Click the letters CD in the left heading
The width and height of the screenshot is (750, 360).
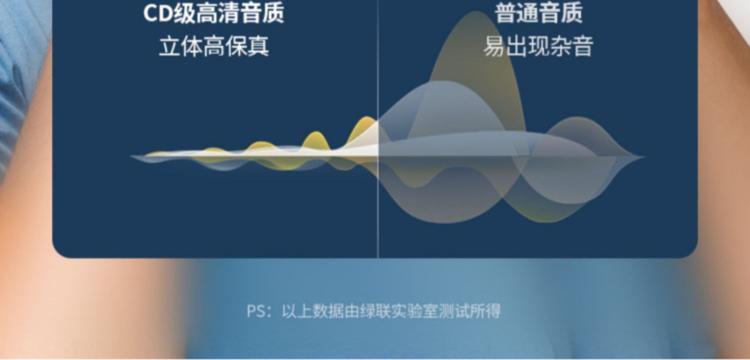tap(158, 13)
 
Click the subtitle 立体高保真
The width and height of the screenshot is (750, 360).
tap(214, 47)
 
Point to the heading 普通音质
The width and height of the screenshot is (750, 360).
tap(539, 13)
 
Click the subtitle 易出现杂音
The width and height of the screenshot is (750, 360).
tap(539, 47)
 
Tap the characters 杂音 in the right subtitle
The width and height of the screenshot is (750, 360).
tap(572, 47)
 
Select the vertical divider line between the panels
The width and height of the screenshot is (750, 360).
tap(378, 129)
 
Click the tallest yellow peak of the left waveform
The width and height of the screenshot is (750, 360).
tap(367, 119)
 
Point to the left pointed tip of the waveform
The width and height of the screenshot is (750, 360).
tap(132, 156)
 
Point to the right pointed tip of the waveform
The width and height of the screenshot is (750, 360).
tap(643, 156)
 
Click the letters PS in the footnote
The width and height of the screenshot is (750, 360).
tap(255, 311)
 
